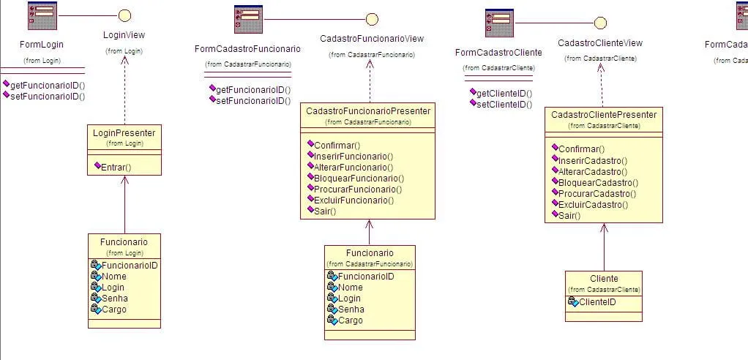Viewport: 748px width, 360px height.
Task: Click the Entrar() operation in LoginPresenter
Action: pyautogui.click(x=116, y=168)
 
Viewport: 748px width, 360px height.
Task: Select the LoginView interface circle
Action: pyautogui.click(x=124, y=15)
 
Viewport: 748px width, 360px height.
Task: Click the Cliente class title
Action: pyautogui.click(x=604, y=279)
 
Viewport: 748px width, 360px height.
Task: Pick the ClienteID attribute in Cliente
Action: pyautogui.click(x=596, y=301)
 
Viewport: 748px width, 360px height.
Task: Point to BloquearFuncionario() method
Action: pyautogui.click(x=359, y=178)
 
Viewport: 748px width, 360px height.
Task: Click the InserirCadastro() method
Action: pyautogui.click(x=593, y=160)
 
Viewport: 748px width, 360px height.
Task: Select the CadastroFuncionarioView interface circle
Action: pyautogui.click(x=372, y=19)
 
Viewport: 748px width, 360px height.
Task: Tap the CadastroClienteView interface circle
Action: pyautogui.click(x=600, y=23)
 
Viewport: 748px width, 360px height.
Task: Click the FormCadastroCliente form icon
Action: pyautogui.click(x=499, y=23)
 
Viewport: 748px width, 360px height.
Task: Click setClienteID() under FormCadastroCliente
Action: pyautogui.click(x=504, y=104)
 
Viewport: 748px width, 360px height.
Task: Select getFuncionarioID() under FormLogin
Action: pyautogui.click(x=48, y=85)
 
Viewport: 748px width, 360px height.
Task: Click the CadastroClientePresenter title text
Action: pyautogui.click(x=604, y=115)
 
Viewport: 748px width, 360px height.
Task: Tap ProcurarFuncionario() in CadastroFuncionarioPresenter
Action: pyautogui.click(x=358, y=189)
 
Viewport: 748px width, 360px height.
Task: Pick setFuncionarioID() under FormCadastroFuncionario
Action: pyautogui.click(x=253, y=100)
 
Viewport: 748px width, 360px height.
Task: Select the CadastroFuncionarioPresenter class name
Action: pyautogui.click(x=368, y=111)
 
